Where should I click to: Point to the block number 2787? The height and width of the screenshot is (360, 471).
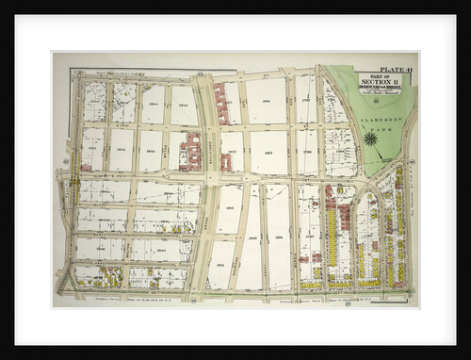tap(307, 152)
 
